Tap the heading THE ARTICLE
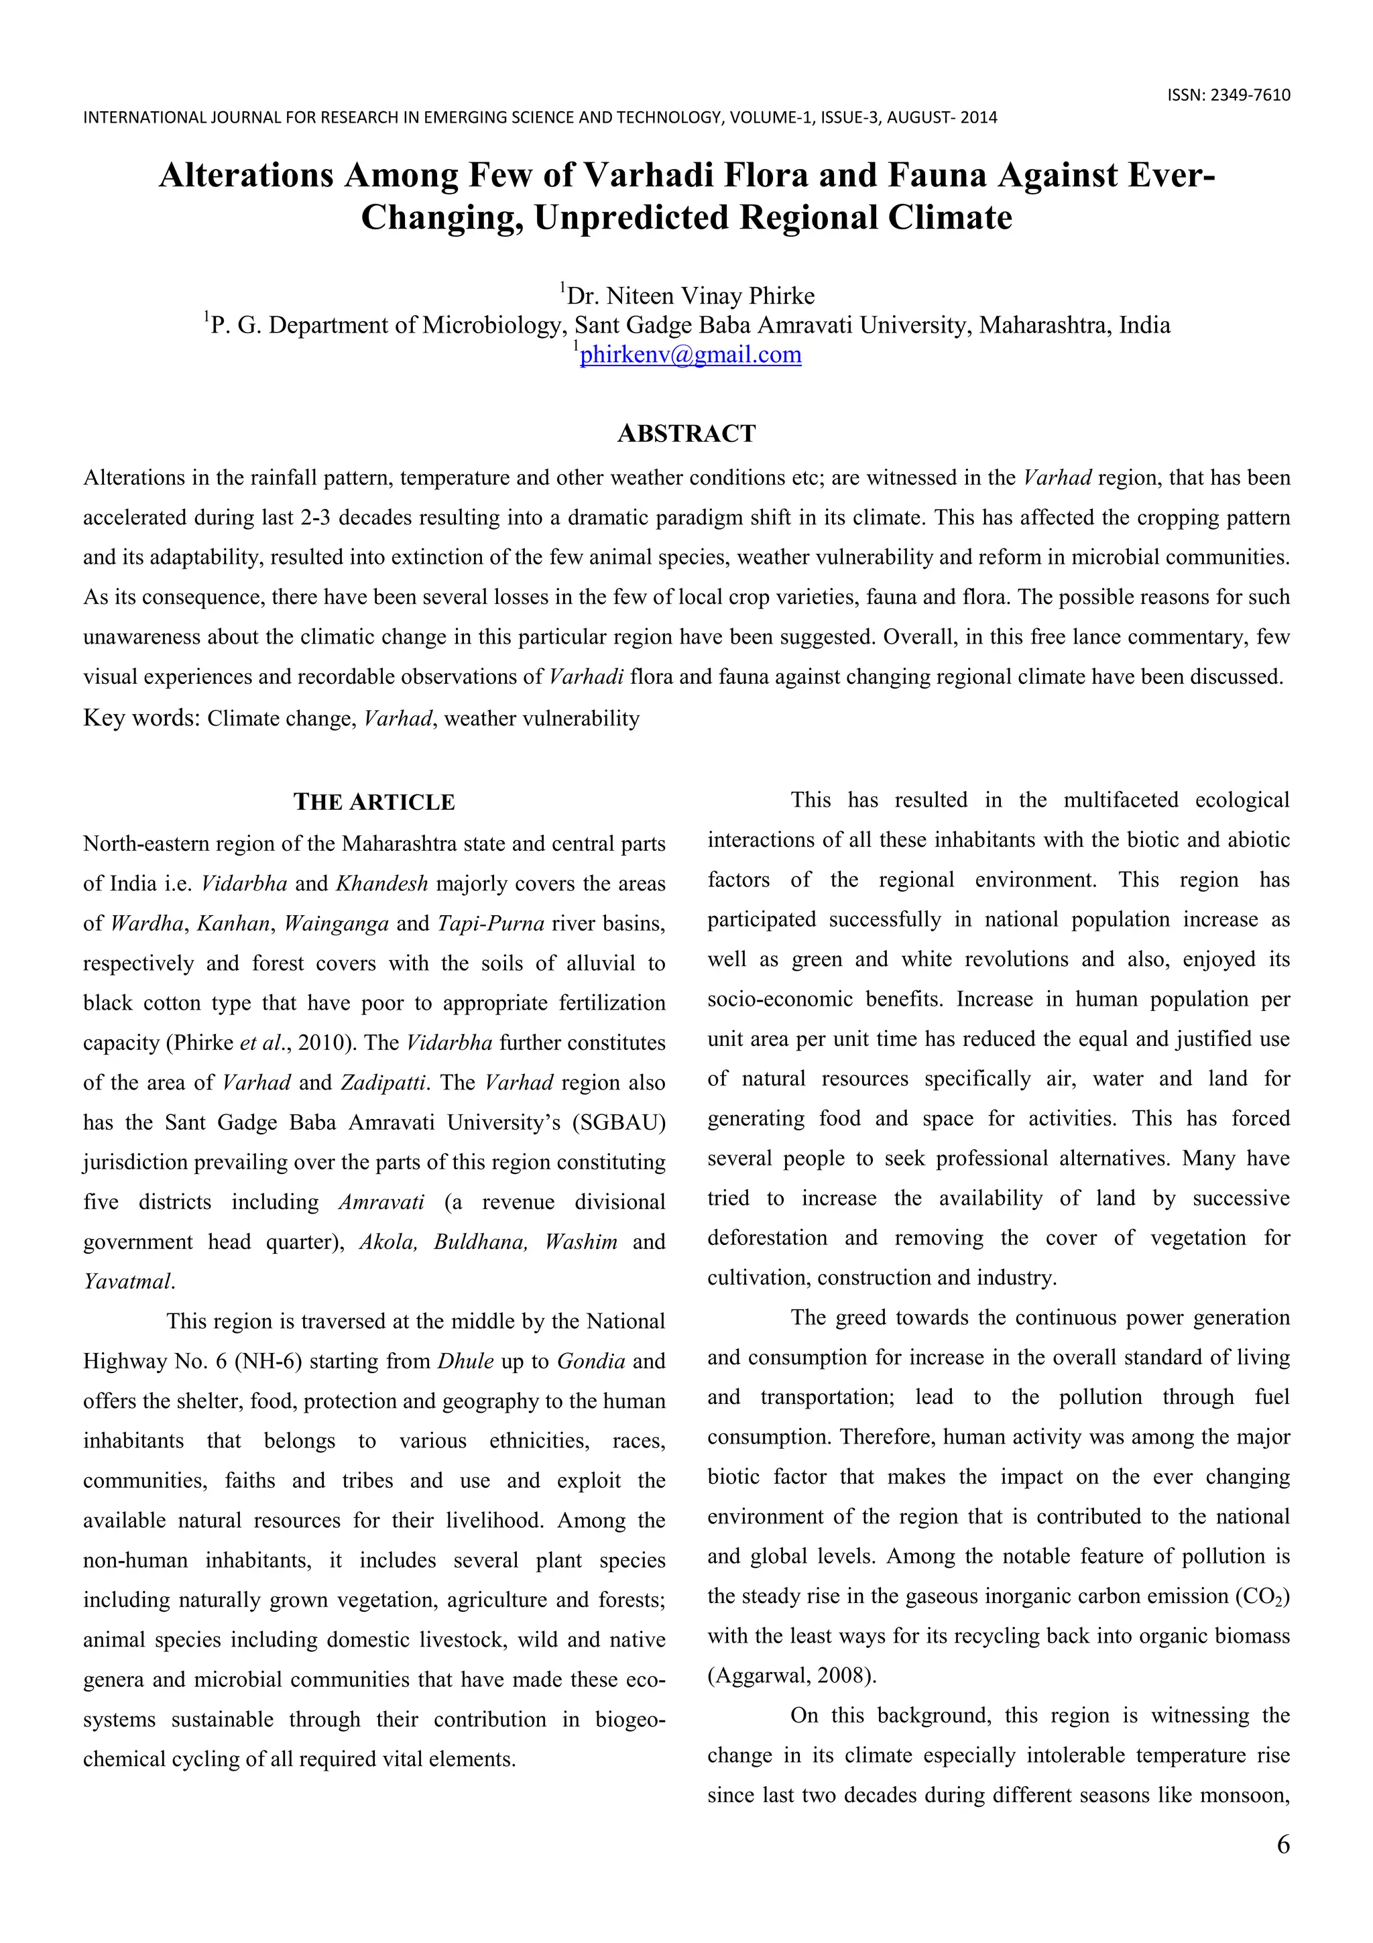point(374,803)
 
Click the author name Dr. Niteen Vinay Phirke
point(691,296)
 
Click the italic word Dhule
point(465,1362)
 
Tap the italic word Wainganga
point(336,923)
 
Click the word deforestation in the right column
point(768,1238)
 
